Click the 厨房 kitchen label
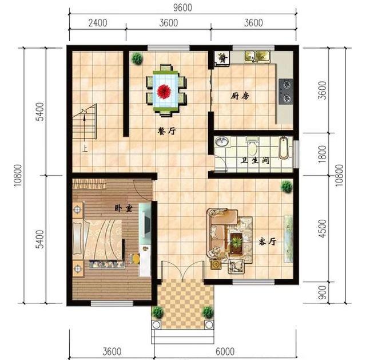240,96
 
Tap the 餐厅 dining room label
166,131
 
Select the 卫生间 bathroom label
255,160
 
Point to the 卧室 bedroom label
124,208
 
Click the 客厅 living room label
268,242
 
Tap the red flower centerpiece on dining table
164,92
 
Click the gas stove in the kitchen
286,92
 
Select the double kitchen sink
258,56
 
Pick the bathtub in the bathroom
284,148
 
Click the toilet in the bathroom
252,147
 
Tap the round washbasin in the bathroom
222,142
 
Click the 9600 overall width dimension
183,7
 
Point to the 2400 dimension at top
98,23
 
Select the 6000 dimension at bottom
225,351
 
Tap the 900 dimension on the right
322,292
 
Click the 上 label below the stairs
85,149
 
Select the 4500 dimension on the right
322,229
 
